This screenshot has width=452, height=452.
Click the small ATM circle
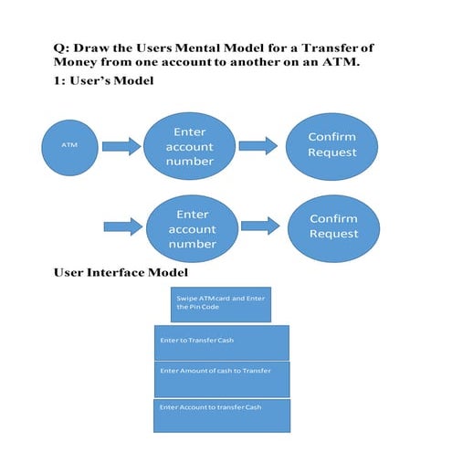pos(70,144)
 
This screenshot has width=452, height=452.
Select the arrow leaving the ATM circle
pos(121,144)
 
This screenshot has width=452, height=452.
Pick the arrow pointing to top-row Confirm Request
pos(258,145)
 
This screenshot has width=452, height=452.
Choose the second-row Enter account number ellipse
pos(193,229)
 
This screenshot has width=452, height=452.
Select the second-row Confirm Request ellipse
pos(333,226)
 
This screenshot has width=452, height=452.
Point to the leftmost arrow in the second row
pos(123,226)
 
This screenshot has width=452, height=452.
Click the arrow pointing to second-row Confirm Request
pos(260,226)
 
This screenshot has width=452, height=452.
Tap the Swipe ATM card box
pos(220,305)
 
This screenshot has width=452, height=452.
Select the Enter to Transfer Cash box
pos(222,342)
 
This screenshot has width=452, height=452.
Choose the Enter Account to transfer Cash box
pos(221,415)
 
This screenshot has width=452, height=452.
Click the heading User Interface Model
pos(121,272)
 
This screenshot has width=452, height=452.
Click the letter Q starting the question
pos(60,47)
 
